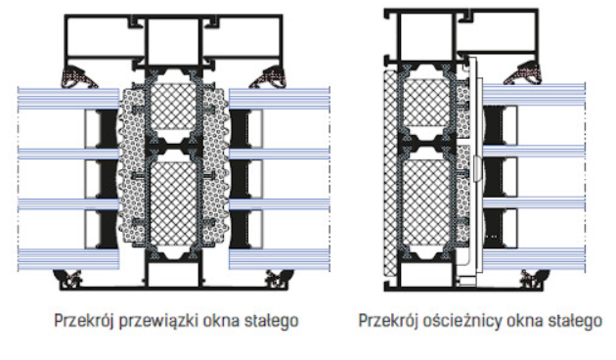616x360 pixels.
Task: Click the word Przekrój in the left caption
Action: click(83, 321)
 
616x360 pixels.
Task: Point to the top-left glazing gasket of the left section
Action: click(78, 77)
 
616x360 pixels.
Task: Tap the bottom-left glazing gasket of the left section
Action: click(69, 279)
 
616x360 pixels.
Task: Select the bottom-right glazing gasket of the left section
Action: click(278, 279)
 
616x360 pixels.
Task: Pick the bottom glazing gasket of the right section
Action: click(534, 279)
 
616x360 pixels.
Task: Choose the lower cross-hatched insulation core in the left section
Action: click(173, 202)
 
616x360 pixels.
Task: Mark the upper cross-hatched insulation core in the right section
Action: click(427, 104)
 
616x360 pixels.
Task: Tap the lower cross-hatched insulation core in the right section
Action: click(427, 200)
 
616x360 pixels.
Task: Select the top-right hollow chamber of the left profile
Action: click(241, 37)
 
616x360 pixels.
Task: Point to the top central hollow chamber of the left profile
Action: click(173, 41)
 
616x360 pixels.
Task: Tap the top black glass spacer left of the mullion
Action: click(107, 129)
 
